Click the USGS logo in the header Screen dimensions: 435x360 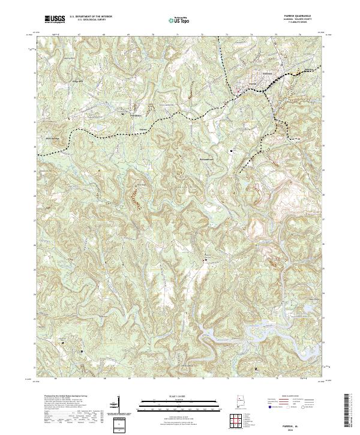pos(55,19)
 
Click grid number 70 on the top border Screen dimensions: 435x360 pos(154,35)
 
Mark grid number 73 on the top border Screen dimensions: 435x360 pos(227,35)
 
